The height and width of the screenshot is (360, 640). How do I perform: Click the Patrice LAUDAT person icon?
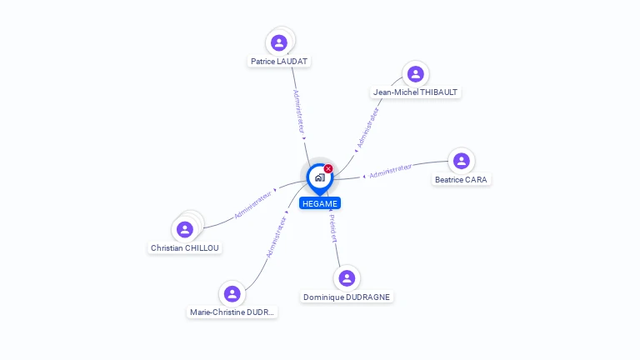click(279, 42)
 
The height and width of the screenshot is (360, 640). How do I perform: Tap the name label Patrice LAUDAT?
click(281, 62)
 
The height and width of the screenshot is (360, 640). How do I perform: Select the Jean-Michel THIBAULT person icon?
click(415, 74)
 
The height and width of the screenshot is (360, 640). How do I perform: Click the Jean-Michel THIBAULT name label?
click(415, 92)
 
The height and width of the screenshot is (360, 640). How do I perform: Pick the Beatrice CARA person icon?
click(461, 161)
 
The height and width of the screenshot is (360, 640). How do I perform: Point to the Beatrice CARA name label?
click(462, 179)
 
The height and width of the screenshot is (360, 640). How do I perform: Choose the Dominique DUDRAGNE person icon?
click(347, 278)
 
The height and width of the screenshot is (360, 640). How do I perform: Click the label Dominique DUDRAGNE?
click(347, 297)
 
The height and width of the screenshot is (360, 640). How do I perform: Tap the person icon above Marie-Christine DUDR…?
click(232, 294)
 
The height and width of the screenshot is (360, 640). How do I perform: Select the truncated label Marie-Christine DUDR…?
click(232, 312)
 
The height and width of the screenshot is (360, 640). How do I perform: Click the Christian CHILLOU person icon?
click(185, 229)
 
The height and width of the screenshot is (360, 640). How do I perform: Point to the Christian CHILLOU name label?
click(187, 247)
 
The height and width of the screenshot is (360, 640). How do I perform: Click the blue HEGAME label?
click(320, 203)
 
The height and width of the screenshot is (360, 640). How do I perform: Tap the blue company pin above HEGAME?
click(319, 177)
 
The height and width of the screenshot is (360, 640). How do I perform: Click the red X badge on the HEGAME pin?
click(328, 168)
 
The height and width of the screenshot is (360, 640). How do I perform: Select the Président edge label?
click(332, 228)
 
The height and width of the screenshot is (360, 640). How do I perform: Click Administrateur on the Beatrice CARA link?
click(390, 171)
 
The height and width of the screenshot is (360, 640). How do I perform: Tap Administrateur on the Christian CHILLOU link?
click(253, 204)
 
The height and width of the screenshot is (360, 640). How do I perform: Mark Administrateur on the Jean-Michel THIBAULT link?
click(367, 127)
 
